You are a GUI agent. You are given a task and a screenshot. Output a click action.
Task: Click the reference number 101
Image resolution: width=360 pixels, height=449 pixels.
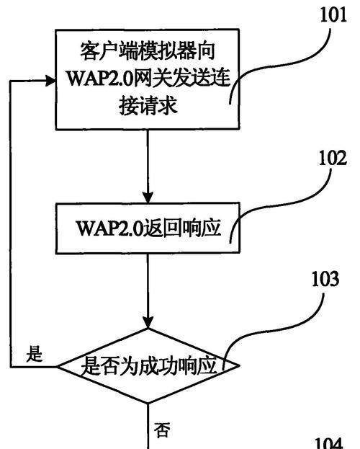tap(333, 14)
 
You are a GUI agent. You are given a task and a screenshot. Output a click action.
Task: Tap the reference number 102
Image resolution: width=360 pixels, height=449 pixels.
tap(333, 158)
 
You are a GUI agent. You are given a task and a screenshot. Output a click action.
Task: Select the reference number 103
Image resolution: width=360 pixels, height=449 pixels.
tap(325, 279)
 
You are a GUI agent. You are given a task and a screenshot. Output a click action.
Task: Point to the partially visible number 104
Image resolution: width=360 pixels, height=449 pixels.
tap(329, 443)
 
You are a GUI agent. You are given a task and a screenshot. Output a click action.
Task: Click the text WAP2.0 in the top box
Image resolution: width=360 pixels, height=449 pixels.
tap(100, 78)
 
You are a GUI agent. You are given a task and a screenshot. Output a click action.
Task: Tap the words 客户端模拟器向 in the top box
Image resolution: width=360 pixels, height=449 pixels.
tap(148, 51)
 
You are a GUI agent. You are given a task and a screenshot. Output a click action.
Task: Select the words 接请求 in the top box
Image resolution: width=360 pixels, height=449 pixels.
tap(148, 105)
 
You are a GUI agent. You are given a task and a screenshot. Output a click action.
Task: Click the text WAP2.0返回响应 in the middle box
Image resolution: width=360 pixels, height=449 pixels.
tap(148, 228)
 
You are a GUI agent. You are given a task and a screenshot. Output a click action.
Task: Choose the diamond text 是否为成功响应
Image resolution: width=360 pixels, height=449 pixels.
tap(149, 365)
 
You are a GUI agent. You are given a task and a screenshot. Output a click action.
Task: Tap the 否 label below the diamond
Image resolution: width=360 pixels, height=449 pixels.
tap(162, 430)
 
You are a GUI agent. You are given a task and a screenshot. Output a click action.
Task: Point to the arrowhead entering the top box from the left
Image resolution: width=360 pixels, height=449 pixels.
tap(50, 81)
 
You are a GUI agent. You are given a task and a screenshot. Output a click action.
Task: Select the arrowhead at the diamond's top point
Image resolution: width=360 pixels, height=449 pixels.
tap(148, 322)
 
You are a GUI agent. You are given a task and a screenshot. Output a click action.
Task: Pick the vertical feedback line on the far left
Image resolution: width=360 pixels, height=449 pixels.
tap(11, 224)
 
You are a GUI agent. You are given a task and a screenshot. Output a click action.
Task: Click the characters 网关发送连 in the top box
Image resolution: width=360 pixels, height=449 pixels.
tap(182, 78)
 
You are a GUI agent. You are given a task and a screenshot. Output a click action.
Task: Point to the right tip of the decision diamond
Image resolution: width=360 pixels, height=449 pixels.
tap(238, 365)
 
